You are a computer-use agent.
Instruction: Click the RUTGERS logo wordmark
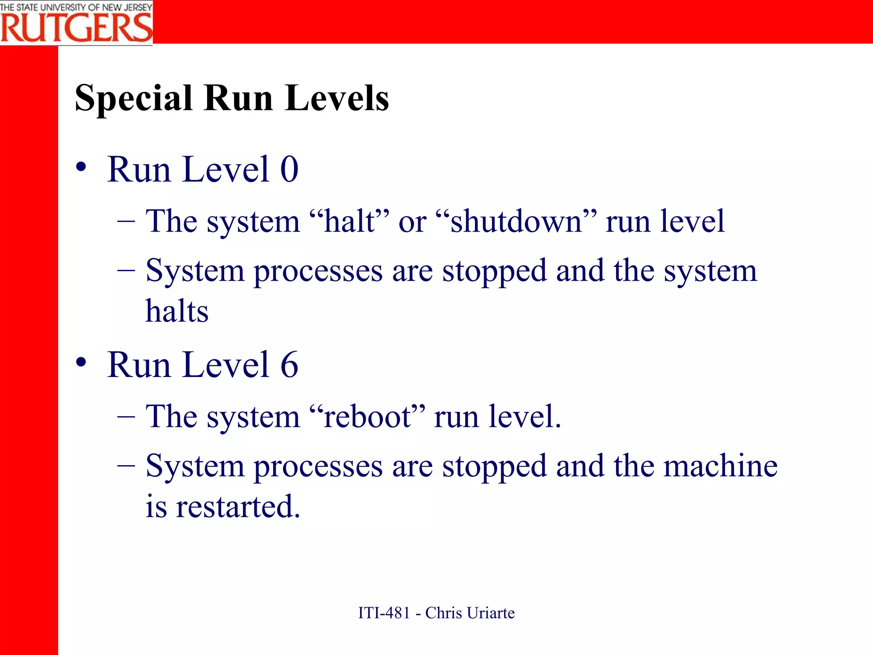76,28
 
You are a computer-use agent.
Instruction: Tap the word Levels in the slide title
337,98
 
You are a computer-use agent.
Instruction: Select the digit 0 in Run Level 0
289,170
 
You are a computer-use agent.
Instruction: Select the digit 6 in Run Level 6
289,365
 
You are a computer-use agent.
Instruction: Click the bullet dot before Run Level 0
81,167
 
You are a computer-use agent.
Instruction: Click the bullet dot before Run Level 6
81,362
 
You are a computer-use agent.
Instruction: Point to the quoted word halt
350,222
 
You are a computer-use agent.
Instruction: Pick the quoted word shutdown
516,222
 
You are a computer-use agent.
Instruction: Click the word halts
177,311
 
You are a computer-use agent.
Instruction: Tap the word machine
720,466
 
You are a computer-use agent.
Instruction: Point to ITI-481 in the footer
384,613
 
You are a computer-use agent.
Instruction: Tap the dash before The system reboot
126,416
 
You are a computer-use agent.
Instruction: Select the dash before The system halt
126,221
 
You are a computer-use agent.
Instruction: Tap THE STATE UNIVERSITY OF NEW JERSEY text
76,7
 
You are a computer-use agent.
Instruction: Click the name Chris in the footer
443,613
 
